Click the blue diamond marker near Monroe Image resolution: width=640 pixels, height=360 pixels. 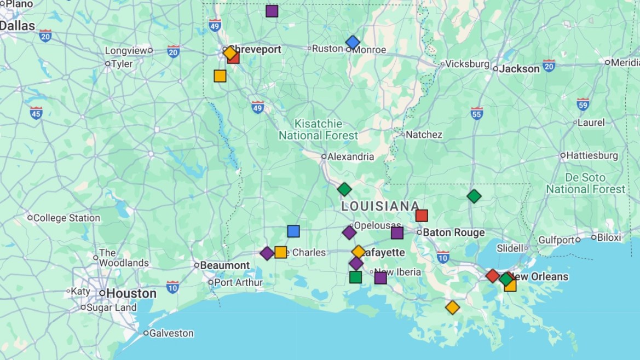coord(353,42)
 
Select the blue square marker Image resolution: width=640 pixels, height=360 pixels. coord(293,231)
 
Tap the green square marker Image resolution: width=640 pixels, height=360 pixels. coord(355,277)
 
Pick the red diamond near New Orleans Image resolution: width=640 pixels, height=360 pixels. coord(493,276)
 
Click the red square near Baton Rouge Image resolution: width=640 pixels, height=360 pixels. coord(421,216)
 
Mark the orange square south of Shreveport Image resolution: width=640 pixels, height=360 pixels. coord(220,76)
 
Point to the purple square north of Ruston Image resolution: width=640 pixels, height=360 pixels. coord(272,11)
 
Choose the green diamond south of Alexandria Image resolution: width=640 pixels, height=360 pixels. coord(344,189)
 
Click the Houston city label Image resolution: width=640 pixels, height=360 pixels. coord(131,293)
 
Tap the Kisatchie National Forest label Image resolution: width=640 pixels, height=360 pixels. coord(318,129)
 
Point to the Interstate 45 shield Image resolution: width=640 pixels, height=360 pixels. coord(36,113)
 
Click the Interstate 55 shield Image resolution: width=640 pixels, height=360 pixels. coord(477,113)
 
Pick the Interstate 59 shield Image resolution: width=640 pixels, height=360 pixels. coord(583,104)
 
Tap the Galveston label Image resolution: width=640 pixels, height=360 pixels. coord(171,333)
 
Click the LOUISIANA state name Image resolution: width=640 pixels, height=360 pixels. coord(380,206)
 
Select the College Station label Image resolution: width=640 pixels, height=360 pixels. coord(67,218)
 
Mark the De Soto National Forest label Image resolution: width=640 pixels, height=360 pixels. coord(585,183)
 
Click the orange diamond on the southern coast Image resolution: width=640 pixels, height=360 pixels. coord(452,307)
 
